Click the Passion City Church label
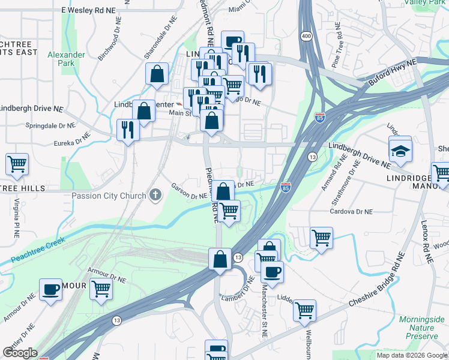109,196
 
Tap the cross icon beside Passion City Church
155,195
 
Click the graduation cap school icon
400,151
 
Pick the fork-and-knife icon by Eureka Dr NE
128,130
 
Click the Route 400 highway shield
307,37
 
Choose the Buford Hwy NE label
393,73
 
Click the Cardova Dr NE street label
352,211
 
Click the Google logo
20,353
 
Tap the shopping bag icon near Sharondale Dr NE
157,74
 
